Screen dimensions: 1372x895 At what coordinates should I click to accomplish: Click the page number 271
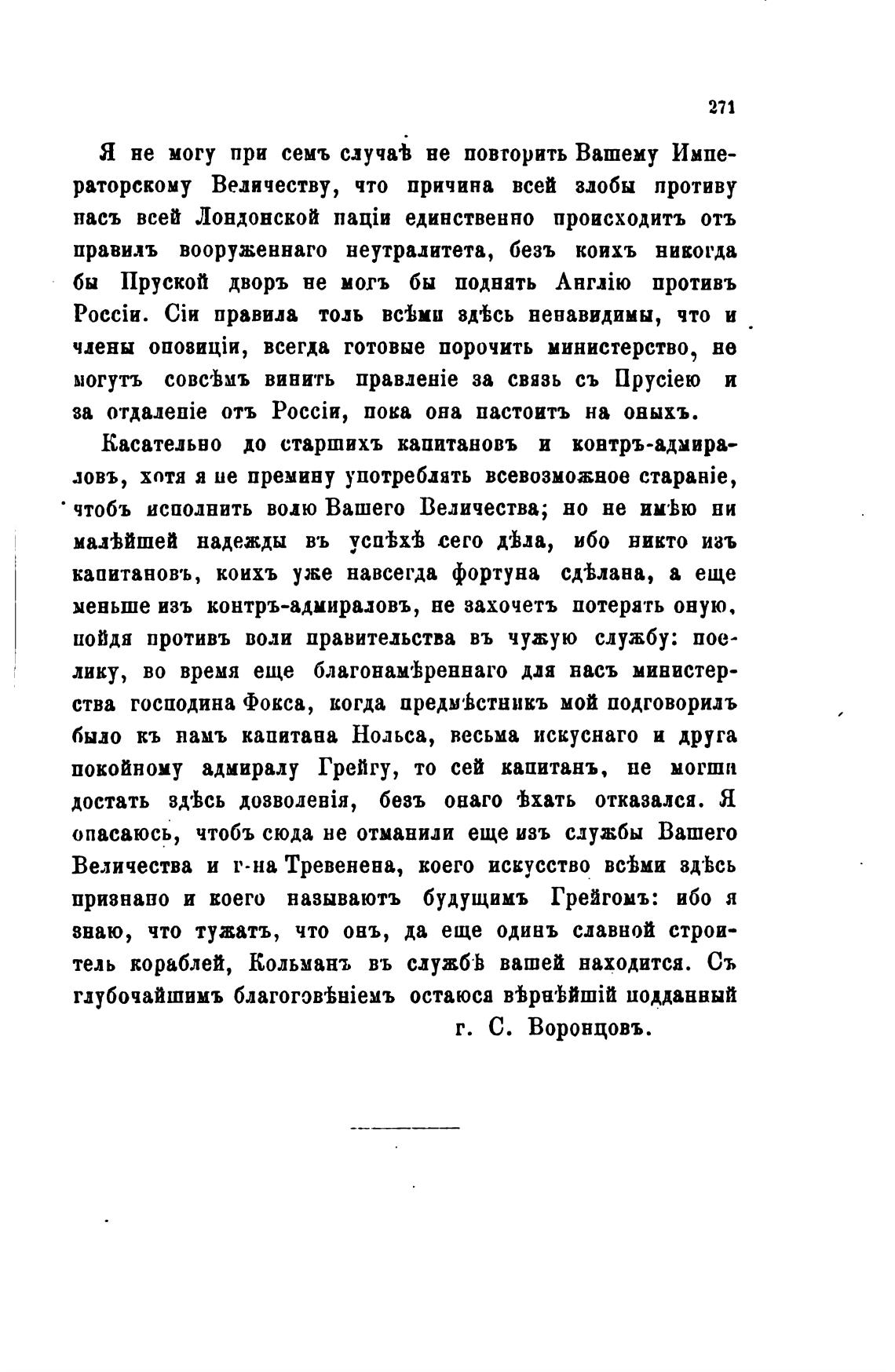click(x=721, y=109)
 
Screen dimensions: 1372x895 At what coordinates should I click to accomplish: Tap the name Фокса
click(x=273, y=704)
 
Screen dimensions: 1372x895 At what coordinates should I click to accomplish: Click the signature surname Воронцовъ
click(x=590, y=1028)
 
